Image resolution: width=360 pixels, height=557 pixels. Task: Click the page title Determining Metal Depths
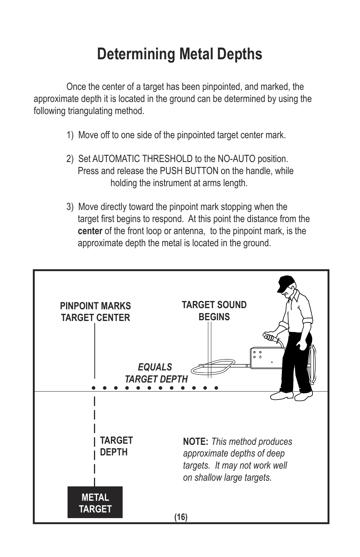coord(180,54)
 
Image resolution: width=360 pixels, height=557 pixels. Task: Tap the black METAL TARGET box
coord(95,503)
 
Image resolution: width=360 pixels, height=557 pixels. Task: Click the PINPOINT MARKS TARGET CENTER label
coord(95,312)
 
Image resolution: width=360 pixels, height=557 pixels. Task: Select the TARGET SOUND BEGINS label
coord(214,310)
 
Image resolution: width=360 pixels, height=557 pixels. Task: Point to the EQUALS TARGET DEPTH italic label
coord(156,373)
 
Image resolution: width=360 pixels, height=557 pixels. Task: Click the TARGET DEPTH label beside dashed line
coord(116,446)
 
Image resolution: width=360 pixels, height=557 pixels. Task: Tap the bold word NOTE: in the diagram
coord(195,442)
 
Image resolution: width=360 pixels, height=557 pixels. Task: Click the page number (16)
coord(181,517)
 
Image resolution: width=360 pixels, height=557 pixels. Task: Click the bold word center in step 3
coord(90,231)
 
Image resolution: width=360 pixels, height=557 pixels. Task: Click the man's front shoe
coord(282,395)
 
